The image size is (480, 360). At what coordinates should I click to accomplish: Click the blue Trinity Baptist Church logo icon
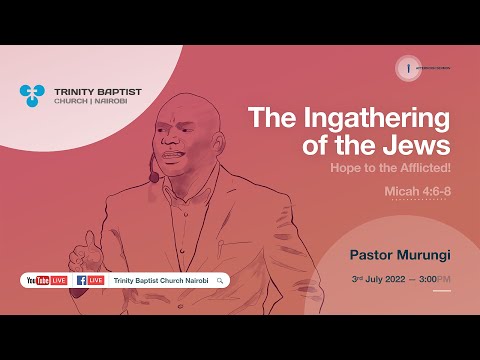pos(32,96)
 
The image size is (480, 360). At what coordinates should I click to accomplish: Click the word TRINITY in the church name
pos(73,90)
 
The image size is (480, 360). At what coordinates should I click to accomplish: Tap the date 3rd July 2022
pos(377,277)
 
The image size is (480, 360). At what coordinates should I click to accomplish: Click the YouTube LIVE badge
pos(46,280)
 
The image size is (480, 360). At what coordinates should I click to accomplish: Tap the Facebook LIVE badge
pos(90,280)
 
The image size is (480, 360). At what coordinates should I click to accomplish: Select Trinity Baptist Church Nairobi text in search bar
pos(160,280)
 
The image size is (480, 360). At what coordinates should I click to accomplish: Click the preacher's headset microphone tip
pos(154,178)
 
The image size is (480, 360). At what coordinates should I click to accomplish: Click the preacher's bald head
pos(180,108)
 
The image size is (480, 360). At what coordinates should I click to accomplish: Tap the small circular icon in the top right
pos(407,67)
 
